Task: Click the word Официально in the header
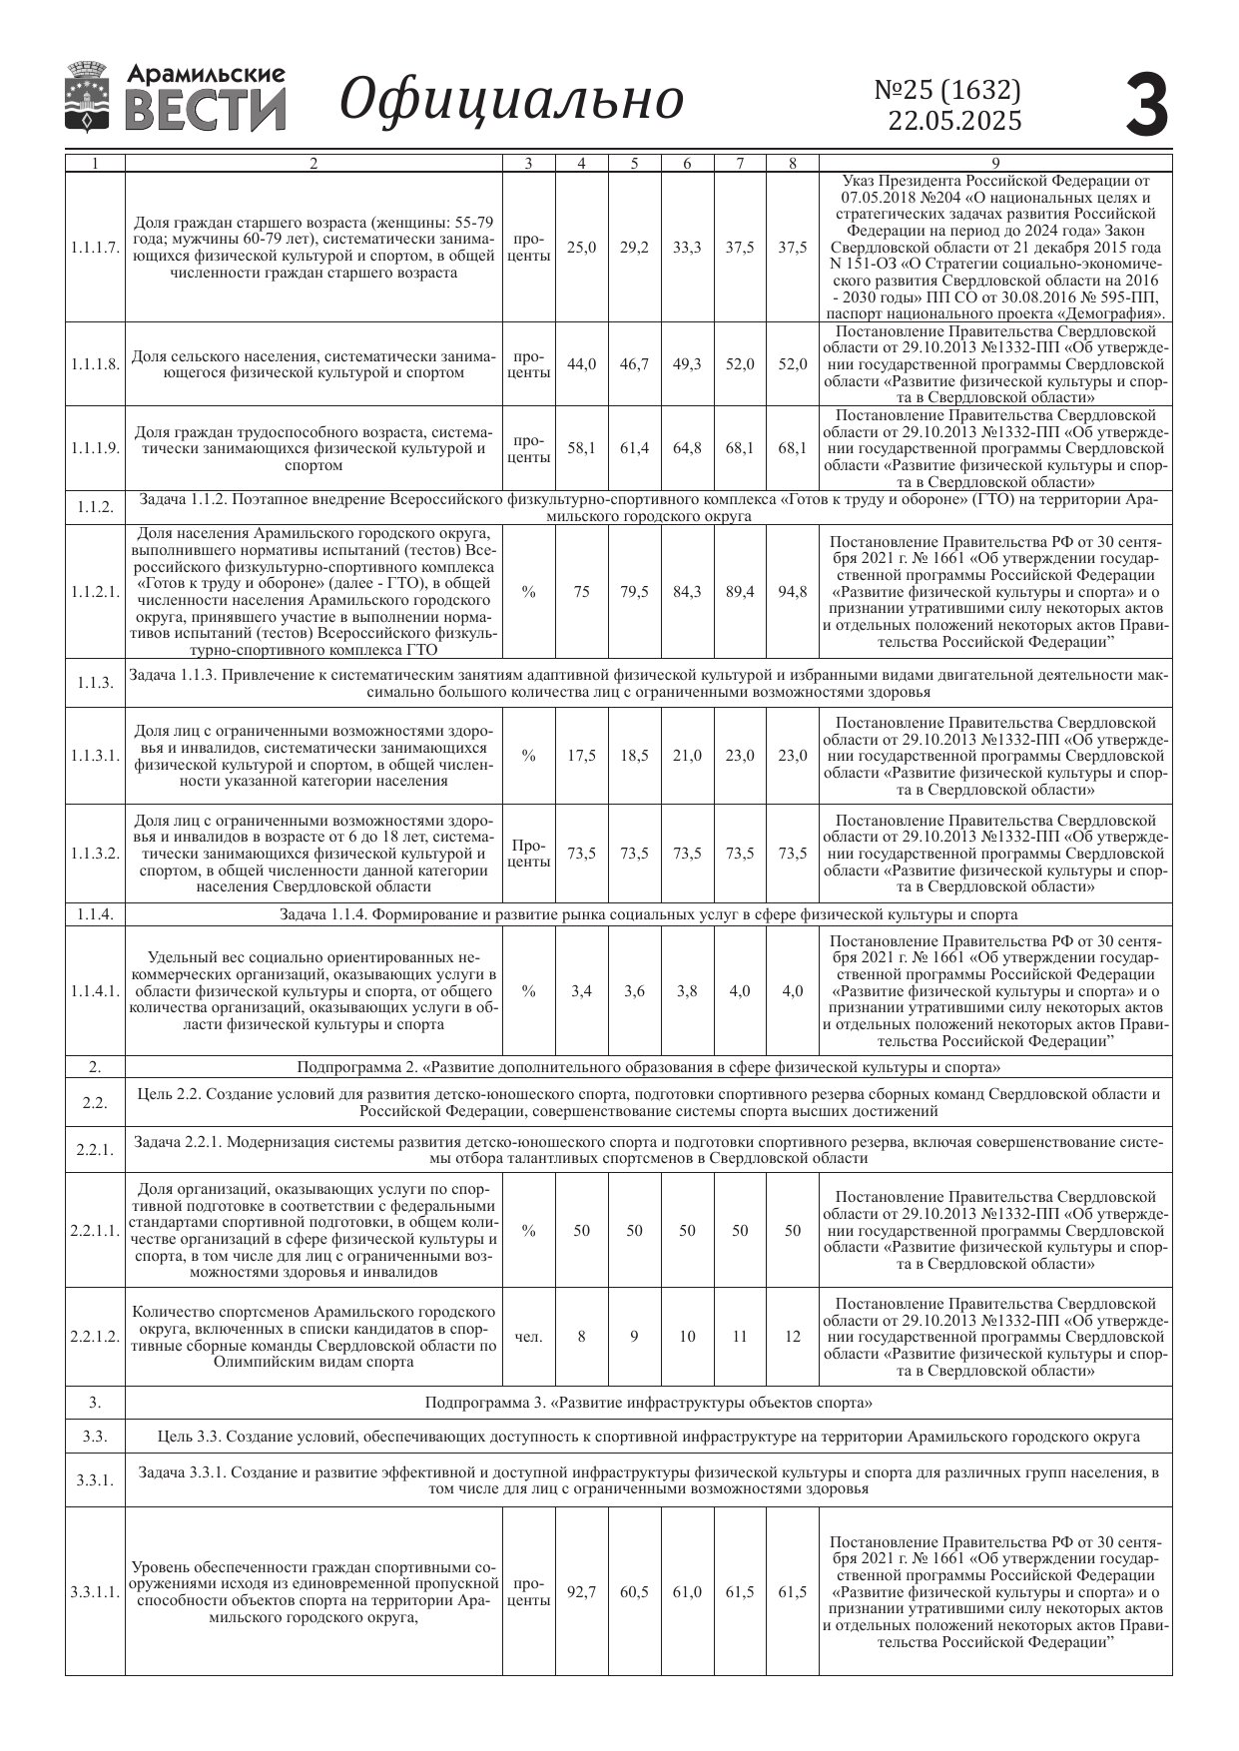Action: [511, 100]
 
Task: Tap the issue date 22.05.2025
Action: [954, 122]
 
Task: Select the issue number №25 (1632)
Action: [947, 90]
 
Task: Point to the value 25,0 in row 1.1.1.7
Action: [581, 248]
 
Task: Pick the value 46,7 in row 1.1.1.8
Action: [634, 364]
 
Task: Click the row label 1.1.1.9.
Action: [95, 448]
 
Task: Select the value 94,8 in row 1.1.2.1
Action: [793, 592]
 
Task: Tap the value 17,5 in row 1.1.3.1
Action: [581, 756]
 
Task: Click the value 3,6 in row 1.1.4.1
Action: [634, 991]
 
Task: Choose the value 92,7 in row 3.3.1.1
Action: [581, 1591]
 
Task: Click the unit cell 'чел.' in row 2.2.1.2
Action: [528, 1337]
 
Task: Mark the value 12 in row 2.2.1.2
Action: [793, 1337]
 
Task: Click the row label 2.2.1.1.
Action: [95, 1230]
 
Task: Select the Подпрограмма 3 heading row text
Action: [649, 1403]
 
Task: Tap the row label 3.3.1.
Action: [95, 1479]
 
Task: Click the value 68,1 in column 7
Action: [740, 448]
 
